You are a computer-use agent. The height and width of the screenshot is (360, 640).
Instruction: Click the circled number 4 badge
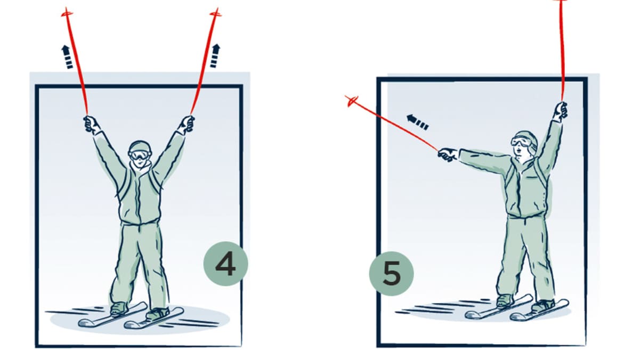coord(226,264)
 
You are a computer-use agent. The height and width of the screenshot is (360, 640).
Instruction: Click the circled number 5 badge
coord(392,274)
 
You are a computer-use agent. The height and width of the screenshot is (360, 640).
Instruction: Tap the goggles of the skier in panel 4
coord(140,155)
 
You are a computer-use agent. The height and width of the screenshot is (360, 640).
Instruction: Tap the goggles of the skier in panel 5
coord(521,142)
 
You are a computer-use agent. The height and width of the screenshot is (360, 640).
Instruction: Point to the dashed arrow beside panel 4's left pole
coord(67,57)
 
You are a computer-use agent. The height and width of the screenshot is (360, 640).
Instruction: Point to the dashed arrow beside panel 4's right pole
coord(215,56)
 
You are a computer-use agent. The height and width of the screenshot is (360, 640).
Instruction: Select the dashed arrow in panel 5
coord(418,122)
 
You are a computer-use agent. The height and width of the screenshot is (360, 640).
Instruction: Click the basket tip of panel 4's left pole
coord(67,13)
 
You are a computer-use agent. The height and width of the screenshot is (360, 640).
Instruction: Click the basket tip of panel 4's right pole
coord(216,13)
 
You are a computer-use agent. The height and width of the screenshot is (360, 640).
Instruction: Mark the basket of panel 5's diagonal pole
coord(351,101)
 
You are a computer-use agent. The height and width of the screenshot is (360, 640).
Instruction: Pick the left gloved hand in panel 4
coord(91,125)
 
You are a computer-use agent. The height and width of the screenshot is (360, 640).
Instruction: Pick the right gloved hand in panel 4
coord(187,124)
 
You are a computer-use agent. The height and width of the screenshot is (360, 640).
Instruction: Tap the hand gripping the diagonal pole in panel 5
coord(448,154)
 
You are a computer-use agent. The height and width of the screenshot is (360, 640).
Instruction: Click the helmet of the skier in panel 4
coord(140,148)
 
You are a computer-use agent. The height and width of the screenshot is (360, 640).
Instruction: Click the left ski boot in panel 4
coord(119,309)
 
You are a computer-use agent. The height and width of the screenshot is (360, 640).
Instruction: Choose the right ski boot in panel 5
coord(542,306)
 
